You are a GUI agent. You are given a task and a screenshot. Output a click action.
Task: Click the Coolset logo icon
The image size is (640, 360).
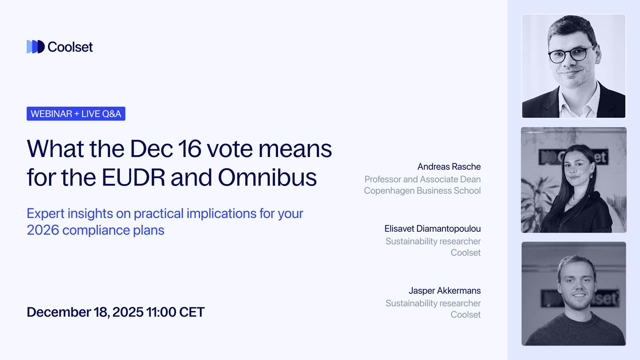click(x=35, y=47)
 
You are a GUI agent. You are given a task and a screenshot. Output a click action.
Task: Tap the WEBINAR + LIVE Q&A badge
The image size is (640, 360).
click(x=76, y=114)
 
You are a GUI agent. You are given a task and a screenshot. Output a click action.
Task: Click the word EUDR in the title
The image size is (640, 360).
click(x=133, y=177)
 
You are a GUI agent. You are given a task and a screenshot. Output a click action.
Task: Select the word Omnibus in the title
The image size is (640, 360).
click(x=267, y=177)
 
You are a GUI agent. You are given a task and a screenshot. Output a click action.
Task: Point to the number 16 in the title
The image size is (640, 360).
click(x=190, y=149)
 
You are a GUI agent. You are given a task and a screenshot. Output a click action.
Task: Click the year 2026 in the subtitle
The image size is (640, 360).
click(x=43, y=230)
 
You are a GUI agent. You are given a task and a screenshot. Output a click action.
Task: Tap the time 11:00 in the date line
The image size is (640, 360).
click(x=161, y=312)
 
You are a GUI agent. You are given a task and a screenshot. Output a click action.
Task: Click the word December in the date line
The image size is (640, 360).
click(x=59, y=312)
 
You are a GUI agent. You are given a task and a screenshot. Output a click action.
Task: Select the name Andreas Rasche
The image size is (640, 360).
click(x=449, y=166)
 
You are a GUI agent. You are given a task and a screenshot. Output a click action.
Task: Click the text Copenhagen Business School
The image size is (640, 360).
click(x=422, y=191)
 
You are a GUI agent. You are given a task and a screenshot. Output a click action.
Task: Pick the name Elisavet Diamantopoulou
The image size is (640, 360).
click(x=432, y=229)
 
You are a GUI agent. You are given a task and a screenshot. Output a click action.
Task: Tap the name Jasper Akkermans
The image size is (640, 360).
click(x=445, y=291)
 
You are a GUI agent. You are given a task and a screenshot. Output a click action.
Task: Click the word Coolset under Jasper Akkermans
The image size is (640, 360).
click(x=465, y=315)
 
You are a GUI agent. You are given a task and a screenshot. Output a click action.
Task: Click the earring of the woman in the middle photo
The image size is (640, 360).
click(x=591, y=175)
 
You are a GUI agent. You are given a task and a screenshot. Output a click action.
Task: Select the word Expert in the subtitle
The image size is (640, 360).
click(x=45, y=213)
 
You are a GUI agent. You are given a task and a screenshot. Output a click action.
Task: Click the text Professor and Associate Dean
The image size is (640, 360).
click(x=422, y=179)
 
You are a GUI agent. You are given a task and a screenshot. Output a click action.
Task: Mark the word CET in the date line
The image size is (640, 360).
click(x=192, y=312)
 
